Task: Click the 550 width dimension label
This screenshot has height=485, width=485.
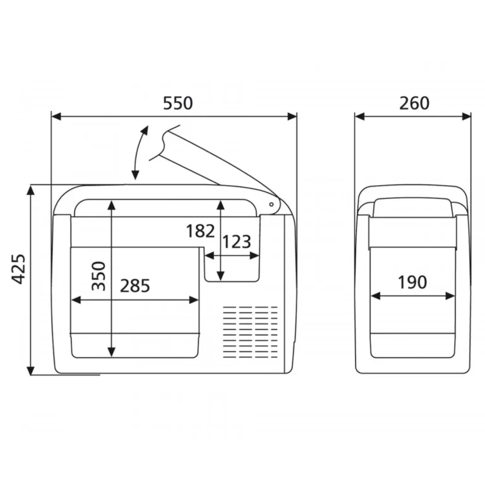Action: [x=178, y=104]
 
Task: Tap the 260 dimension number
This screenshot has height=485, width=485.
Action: [x=414, y=104]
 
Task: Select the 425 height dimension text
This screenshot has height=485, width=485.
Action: [x=18, y=269]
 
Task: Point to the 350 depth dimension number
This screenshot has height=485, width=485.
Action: [x=99, y=276]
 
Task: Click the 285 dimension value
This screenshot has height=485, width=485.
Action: [x=135, y=286]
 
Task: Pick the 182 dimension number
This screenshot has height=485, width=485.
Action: [x=200, y=231]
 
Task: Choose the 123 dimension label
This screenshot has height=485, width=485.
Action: [x=237, y=242]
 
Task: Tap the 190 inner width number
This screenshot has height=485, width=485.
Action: [x=412, y=282]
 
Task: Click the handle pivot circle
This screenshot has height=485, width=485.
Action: [x=272, y=205]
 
